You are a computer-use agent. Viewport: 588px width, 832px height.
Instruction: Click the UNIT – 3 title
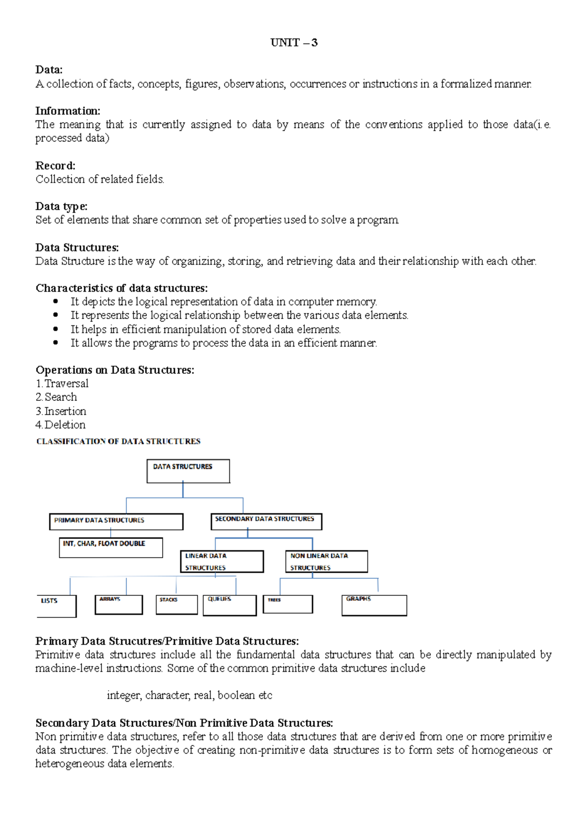[294, 43]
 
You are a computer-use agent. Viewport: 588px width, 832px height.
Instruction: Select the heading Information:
[68, 111]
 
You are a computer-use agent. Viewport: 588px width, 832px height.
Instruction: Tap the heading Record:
[55, 166]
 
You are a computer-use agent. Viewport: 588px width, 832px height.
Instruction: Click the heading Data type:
[61, 206]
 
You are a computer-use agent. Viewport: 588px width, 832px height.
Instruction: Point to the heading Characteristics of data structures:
[122, 288]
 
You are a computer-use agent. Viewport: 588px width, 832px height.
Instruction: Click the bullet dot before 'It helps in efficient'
[55, 329]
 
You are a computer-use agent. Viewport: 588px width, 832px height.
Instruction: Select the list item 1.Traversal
[62, 384]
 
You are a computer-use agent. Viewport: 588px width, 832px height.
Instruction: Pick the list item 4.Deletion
[61, 425]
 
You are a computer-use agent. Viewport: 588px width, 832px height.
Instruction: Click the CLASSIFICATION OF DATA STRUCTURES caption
[118, 441]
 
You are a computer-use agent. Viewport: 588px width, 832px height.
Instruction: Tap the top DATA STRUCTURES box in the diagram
[188, 471]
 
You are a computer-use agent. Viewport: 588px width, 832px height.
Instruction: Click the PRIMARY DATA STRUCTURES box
[116, 521]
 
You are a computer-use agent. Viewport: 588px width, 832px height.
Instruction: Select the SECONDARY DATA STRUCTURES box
[266, 521]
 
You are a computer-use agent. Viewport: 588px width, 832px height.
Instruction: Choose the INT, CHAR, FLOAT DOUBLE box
[111, 548]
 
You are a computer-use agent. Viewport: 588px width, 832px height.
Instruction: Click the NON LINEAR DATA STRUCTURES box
[326, 562]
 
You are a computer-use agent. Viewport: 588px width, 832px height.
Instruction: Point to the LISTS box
[57, 606]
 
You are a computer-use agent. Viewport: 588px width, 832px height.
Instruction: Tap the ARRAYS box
[119, 605]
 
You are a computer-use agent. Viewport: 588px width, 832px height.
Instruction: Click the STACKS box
[176, 605]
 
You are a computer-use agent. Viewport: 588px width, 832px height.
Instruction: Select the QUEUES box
[229, 605]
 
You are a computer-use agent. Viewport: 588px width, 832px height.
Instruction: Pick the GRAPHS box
[374, 605]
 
